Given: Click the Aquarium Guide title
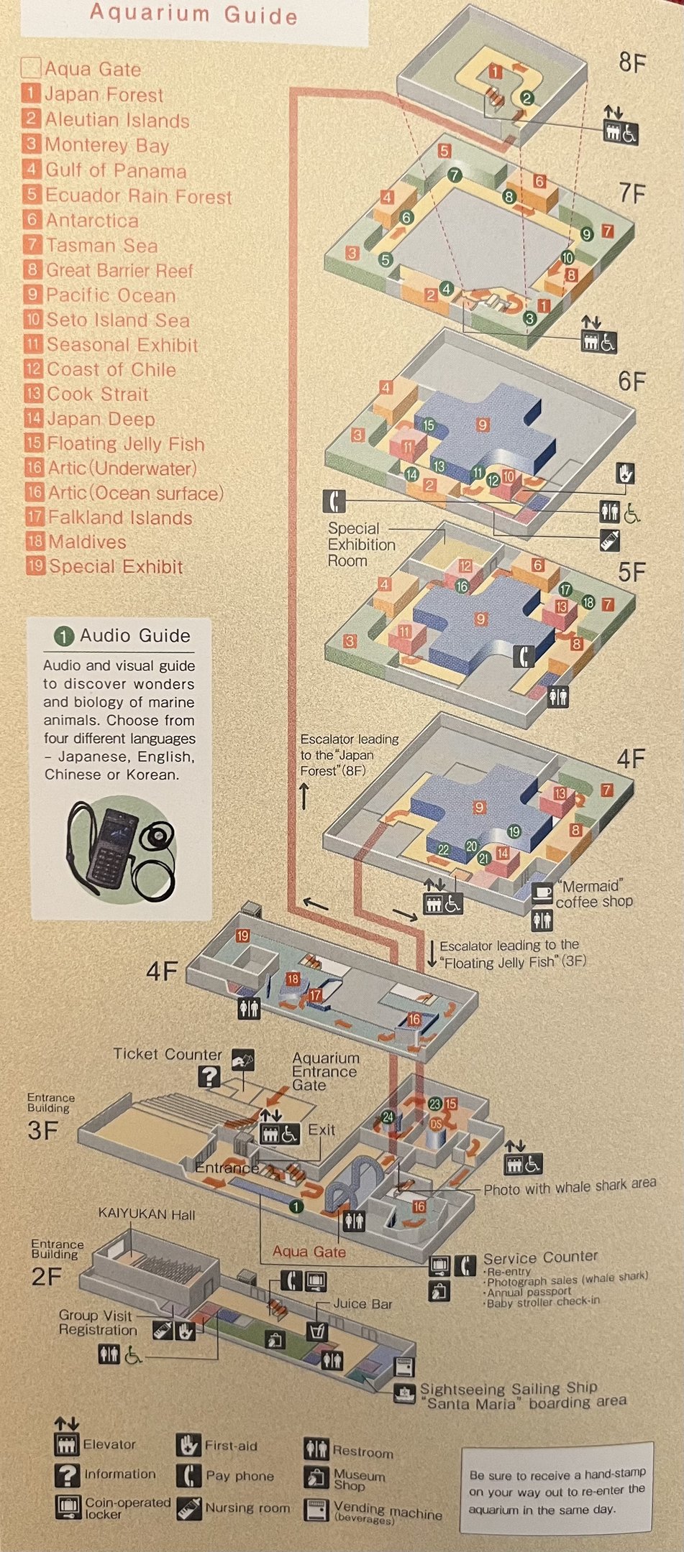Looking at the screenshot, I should [193, 14].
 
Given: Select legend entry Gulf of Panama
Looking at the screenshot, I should [115, 171].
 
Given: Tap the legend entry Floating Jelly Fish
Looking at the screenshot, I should [125, 444].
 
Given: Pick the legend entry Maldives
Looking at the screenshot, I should [86, 542].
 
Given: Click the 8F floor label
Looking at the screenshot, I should [632, 63].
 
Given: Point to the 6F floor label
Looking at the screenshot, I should [631, 382].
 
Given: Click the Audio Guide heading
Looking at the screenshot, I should [134, 636].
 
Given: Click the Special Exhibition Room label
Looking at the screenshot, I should [361, 545].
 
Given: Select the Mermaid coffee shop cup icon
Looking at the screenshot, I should [542, 894].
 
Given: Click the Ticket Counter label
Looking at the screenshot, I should [168, 1054].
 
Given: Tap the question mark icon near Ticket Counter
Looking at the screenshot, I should [209, 1076].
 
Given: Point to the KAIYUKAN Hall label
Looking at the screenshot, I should [147, 1214].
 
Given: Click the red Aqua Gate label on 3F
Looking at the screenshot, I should [309, 1251].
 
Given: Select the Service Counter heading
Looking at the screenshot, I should [540, 1257].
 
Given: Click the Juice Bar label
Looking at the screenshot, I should [362, 1303].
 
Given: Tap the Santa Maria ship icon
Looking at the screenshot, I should [405, 1392].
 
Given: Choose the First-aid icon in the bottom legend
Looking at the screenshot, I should [188, 1445].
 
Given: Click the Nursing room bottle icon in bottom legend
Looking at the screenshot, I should [188, 1507].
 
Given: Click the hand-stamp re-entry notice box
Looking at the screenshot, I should [557, 1490].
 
